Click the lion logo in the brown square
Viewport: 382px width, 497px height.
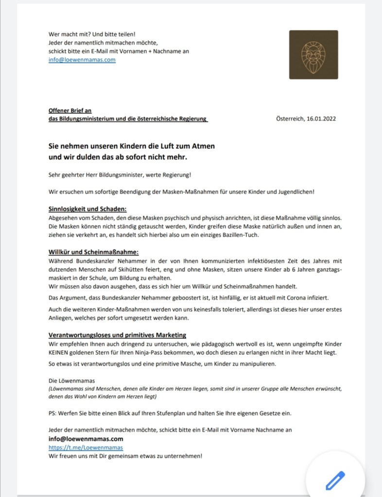tap(313, 54)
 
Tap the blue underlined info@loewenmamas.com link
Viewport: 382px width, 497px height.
tap(82, 60)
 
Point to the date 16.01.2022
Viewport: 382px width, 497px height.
tap(318, 119)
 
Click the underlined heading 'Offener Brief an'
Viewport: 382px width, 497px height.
tap(70, 110)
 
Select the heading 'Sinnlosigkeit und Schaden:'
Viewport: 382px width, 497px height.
tap(87, 209)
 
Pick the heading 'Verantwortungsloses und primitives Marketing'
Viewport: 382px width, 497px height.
tap(118, 335)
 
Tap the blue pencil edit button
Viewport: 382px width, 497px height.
tap(335, 480)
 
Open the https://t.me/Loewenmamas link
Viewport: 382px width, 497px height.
tap(86, 447)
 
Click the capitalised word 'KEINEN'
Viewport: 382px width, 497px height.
tap(60, 352)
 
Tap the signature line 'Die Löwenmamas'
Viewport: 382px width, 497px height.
tap(71, 380)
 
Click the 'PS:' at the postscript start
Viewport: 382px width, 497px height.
tap(53, 413)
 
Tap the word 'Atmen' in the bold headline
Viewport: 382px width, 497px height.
tap(201, 146)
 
